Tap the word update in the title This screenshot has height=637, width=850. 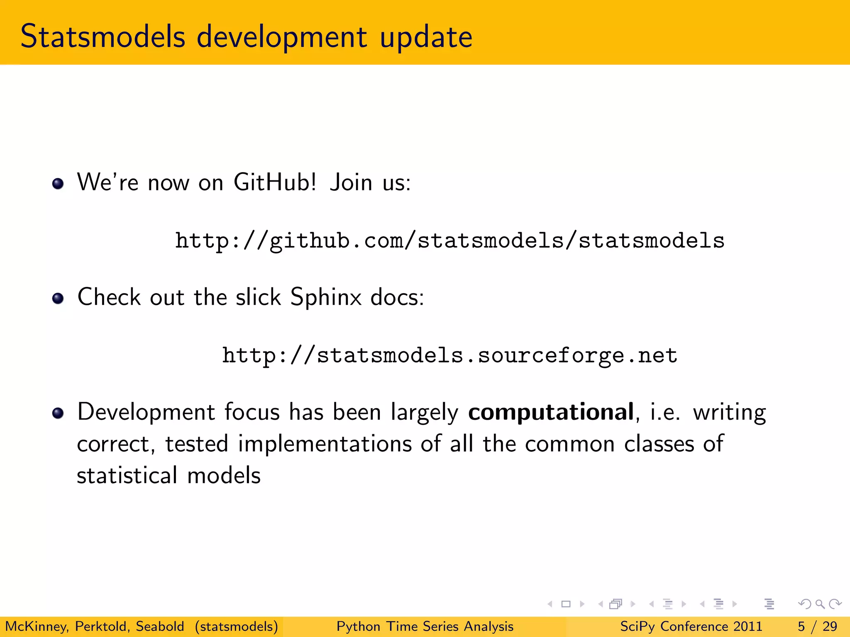click(x=426, y=37)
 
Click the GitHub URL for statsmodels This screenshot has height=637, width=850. click(x=449, y=241)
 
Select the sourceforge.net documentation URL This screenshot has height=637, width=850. click(x=449, y=355)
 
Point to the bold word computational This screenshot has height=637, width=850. click(x=551, y=412)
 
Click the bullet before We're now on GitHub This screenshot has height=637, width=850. click(x=58, y=183)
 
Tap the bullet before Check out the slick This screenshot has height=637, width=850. click(x=58, y=298)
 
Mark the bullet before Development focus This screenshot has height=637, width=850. click(x=58, y=413)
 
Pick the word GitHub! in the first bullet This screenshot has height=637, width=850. click(x=275, y=182)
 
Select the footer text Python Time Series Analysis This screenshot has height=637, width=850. click(x=425, y=626)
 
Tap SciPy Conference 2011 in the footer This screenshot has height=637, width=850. click(x=691, y=626)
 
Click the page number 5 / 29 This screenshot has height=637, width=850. click(x=817, y=626)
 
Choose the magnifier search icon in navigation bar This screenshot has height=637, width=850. click(x=820, y=604)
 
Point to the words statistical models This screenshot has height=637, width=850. click(x=169, y=475)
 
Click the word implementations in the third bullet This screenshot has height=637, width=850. click(x=325, y=444)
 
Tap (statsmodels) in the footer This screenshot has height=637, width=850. click(x=237, y=626)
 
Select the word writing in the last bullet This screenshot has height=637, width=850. click(x=729, y=413)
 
